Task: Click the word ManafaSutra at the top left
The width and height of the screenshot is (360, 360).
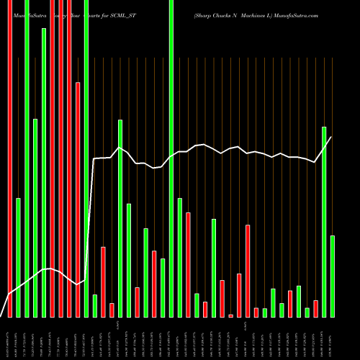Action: click(x=28, y=14)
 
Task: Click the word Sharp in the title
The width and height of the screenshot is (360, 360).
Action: click(x=204, y=14)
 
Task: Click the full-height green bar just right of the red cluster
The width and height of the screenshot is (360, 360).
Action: click(x=86, y=158)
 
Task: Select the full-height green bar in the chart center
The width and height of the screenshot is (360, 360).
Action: click(x=171, y=158)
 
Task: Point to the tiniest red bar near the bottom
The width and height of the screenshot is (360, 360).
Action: click(x=231, y=315)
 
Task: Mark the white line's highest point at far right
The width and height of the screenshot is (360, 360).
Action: click(x=331, y=138)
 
